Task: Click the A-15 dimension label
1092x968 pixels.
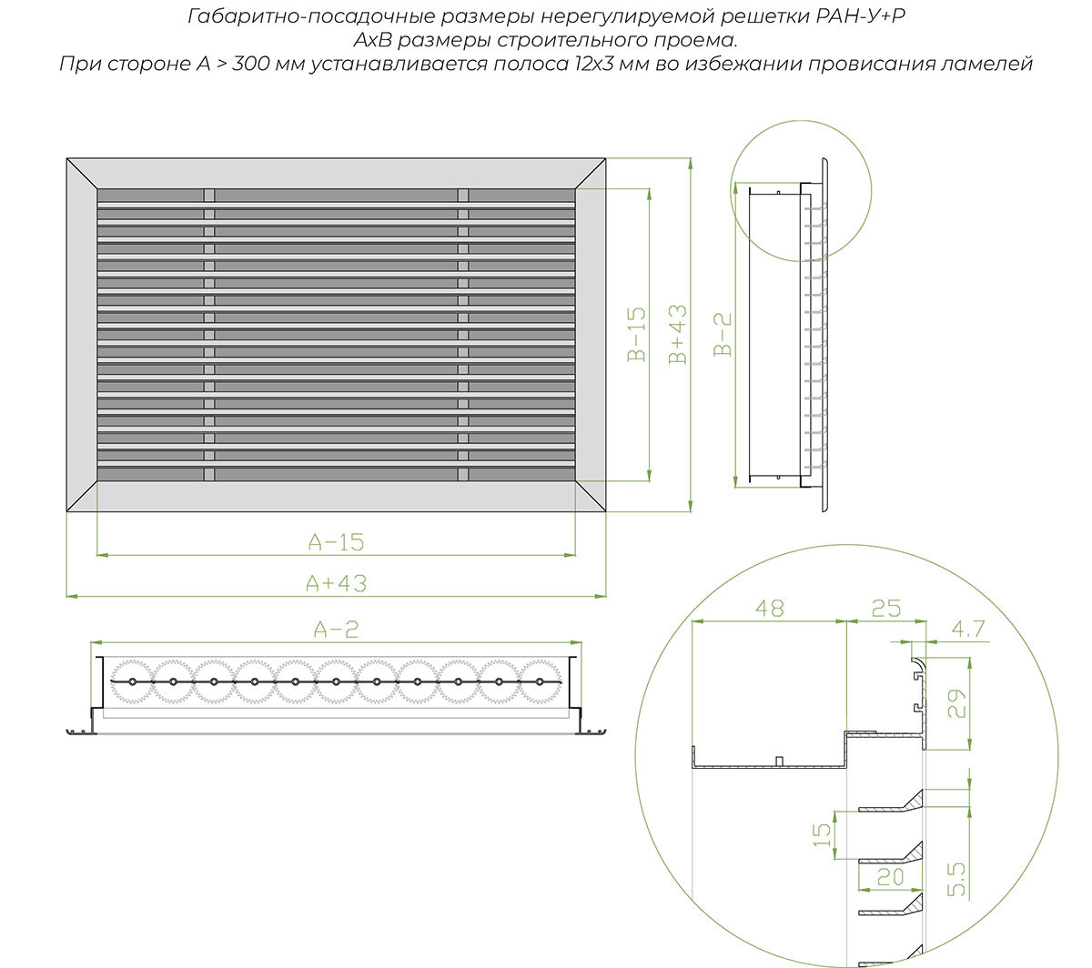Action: point(336,541)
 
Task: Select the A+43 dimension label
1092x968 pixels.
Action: point(336,583)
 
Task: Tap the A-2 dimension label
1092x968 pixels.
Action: point(336,629)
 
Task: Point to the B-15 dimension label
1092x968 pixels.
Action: point(637,334)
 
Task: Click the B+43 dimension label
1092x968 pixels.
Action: point(678,334)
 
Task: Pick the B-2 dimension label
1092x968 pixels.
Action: point(723,334)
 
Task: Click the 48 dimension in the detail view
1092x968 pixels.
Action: point(769,609)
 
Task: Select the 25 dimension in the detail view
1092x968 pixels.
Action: point(885,609)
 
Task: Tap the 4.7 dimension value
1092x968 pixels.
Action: point(968,629)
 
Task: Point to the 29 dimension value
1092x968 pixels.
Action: point(956,703)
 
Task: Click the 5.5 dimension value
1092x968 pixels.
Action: point(956,880)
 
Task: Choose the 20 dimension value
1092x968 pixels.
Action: point(890,877)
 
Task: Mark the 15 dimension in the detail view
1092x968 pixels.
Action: point(822,835)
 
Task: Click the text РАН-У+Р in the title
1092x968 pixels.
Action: point(860,16)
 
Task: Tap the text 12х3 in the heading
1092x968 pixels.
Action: point(593,64)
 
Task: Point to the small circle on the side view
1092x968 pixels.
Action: point(801,191)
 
